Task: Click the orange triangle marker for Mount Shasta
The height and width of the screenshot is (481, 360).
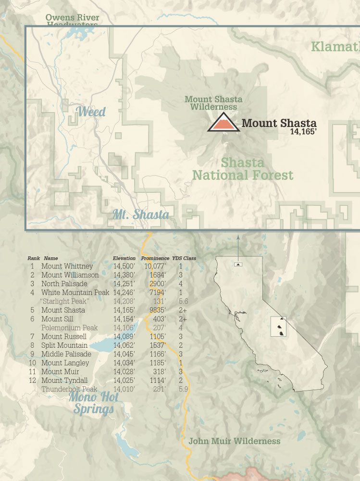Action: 223,123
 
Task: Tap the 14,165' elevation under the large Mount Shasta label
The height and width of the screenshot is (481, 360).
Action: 303,130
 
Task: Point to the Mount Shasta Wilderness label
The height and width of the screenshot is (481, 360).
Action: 213,103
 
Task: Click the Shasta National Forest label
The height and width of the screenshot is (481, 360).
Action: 243,169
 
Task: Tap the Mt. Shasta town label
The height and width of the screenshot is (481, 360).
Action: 141,215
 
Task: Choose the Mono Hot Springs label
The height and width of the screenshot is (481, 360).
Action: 93,403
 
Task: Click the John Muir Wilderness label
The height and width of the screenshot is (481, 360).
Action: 234,441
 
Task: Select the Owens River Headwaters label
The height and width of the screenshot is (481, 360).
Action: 73,21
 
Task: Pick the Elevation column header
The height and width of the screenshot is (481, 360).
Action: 124,258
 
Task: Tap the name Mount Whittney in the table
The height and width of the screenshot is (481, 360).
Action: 67,266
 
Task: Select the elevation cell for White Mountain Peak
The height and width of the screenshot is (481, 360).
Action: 124,292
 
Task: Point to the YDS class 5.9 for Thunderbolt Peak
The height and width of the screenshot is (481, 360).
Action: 183,389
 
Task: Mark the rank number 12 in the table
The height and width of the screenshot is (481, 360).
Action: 32,380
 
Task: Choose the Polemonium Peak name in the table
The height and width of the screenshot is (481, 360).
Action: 69,328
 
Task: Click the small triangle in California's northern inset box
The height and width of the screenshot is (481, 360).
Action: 238,265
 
